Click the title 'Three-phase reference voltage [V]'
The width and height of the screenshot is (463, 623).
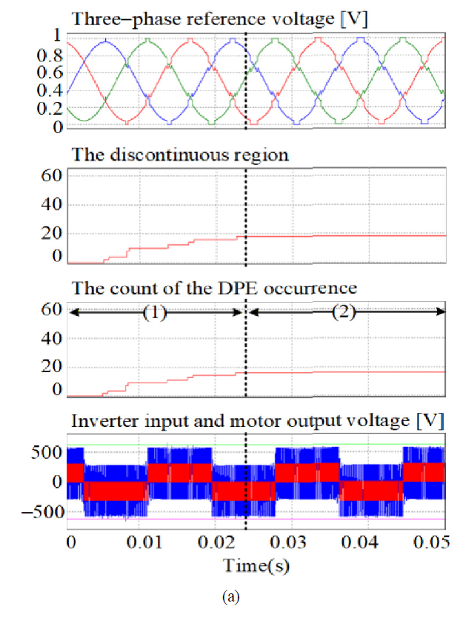coord(219,16)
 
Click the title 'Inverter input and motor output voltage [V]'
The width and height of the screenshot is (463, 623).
coord(257,421)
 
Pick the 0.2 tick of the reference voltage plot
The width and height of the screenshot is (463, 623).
coord(50,110)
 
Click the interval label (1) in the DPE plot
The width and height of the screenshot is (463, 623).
coord(153,312)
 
